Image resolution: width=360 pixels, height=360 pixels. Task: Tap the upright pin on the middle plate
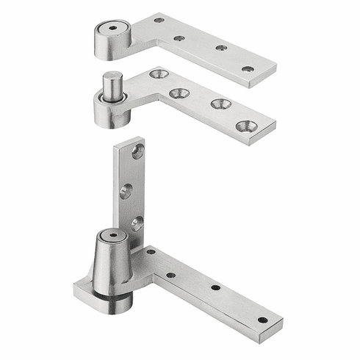[111, 87]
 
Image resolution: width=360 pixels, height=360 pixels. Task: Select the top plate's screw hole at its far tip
[248, 69]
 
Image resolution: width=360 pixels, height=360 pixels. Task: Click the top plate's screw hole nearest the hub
[159, 20]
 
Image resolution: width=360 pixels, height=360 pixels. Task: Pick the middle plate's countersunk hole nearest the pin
[158, 73]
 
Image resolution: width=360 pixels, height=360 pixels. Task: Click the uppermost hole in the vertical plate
[137, 152]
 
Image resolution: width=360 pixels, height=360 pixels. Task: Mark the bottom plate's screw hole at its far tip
[262, 320]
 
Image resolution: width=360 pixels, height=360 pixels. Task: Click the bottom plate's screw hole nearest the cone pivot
[151, 252]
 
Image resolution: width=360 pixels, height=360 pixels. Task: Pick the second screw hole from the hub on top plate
[179, 37]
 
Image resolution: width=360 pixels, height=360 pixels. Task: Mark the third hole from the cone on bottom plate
[215, 287]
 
